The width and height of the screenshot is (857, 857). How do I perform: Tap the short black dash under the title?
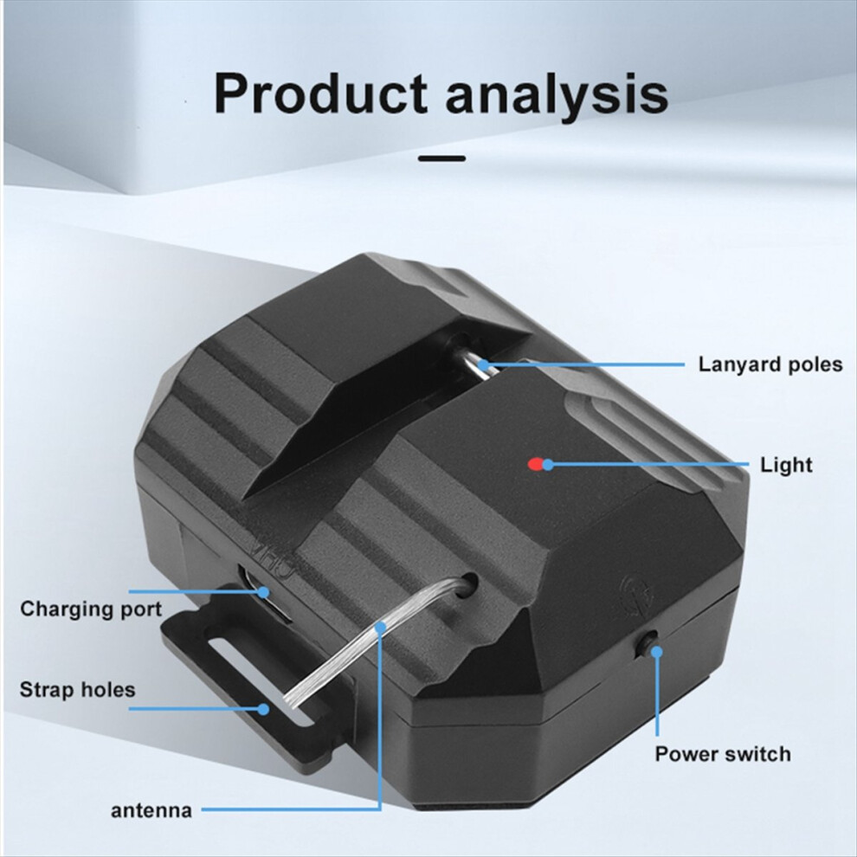[442, 158]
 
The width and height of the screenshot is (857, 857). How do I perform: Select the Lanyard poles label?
[770, 364]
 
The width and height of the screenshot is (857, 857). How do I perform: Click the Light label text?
[786, 465]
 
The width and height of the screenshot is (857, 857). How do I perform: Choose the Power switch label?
[723, 754]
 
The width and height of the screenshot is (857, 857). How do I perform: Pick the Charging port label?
[91, 609]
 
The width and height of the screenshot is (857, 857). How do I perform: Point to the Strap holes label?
[77, 690]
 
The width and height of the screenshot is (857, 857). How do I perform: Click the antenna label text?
[151, 810]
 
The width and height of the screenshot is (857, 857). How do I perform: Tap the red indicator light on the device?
[534, 465]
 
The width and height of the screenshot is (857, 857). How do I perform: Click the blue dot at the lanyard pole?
[484, 364]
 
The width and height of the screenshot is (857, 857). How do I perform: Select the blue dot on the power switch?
[656, 652]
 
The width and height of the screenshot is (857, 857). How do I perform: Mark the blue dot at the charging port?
[264, 591]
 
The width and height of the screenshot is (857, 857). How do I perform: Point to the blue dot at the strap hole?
[264, 709]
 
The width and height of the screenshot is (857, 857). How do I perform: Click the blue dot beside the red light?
[548, 465]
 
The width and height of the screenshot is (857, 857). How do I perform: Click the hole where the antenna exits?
[468, 585]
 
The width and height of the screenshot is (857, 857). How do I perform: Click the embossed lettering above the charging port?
[272, 557]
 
